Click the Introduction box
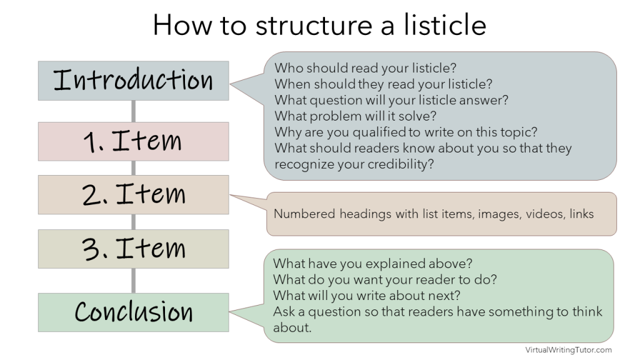tap(133, 81)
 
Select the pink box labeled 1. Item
tap(133, 141)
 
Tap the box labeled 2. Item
tap(133, 194)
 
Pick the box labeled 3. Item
tap(133, 249)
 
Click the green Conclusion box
tap(133, 312)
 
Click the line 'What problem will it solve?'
tap(355, 116)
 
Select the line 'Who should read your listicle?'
tap(364, 67)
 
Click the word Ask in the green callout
tap(283, 311)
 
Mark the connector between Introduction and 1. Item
tap(133, 111)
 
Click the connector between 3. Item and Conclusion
tap(133, 281)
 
